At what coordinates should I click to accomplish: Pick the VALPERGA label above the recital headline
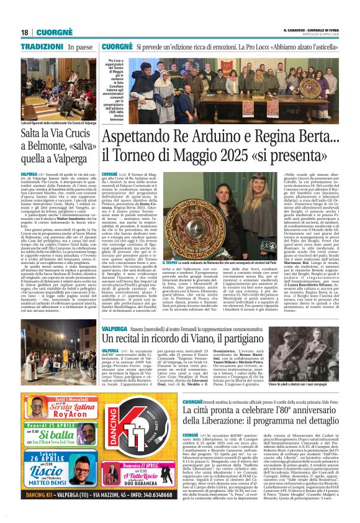coord(115,327)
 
